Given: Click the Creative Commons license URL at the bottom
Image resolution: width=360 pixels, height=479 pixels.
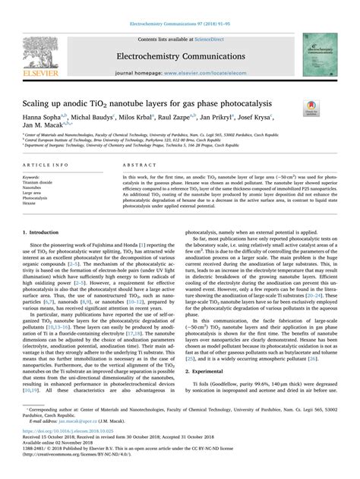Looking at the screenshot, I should tap(84, 471).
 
